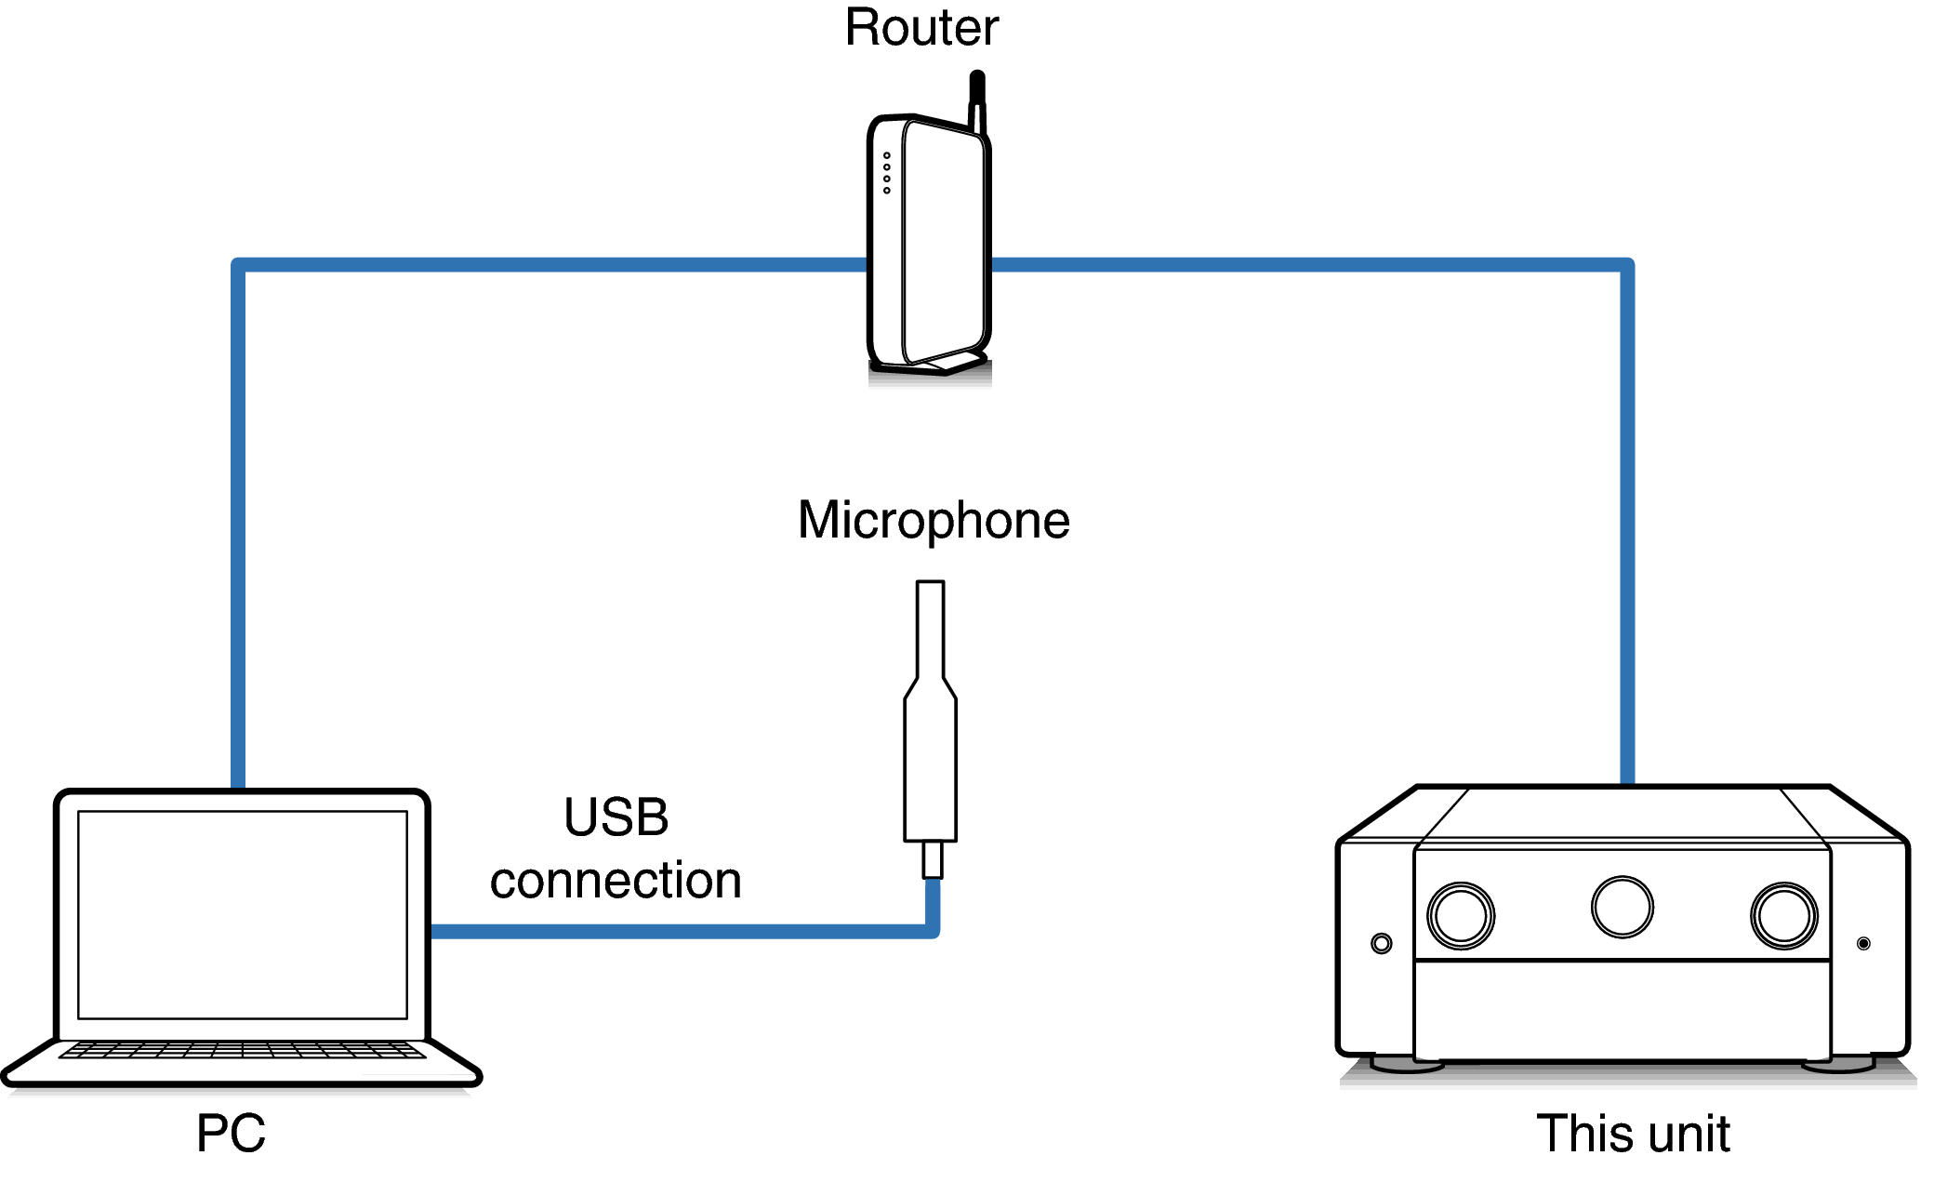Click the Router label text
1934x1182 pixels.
coord(921,28)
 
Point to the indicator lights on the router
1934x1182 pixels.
coord(887,173)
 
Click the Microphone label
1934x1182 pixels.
coord(934,521)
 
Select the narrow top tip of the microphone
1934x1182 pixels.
coord(931,623)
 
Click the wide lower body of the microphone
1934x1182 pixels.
coord(931,772)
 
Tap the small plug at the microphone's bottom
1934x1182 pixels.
coord(933,859)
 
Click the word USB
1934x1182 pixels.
coord(616,817)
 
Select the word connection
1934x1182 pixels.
coord(616,881)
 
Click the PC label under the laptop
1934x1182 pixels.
coord(231,1133)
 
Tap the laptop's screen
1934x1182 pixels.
coord(243,914)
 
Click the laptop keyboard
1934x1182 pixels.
coord(243,1050)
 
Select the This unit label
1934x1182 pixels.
coord(1633,1134)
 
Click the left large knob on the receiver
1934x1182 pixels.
coord(1461,915)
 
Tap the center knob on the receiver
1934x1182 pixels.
coord(1623,907)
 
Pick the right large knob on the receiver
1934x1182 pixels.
coord(1783,915)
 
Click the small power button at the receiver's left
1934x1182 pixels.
coord(1382,944)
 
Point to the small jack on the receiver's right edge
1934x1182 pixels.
coord(1863,944)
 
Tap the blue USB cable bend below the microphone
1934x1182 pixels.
coord(932,930)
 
